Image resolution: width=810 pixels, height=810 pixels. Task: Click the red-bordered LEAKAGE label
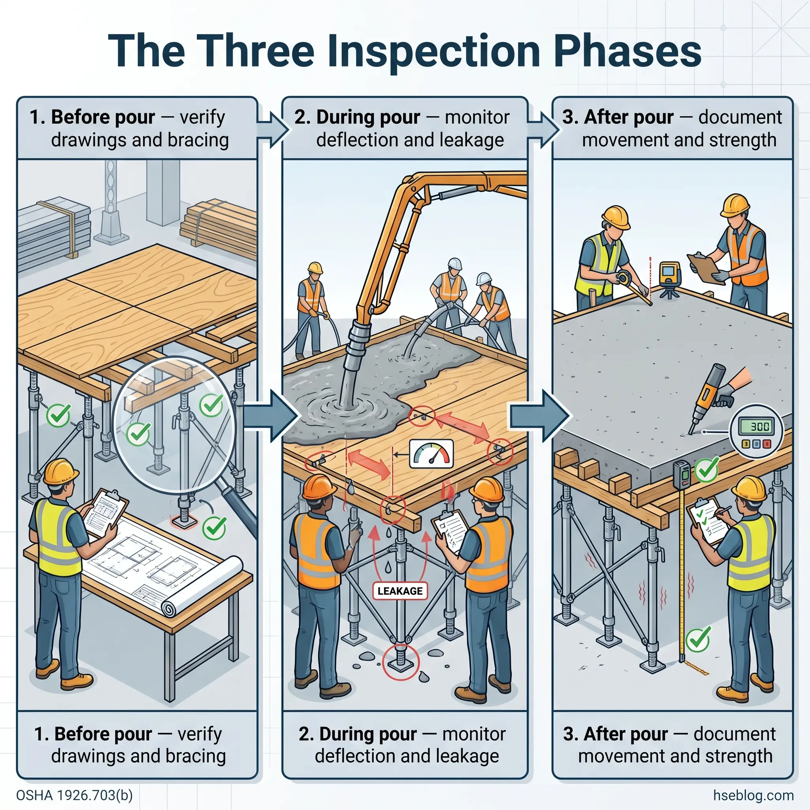pyautogui.click(x=399, y=591)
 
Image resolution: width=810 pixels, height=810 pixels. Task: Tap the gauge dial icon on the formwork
pyautogui.click(x=431, y=454)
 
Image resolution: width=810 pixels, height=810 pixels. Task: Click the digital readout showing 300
pyautogui.click(x=757, y=427)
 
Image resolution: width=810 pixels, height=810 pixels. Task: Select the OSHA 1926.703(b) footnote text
pyautogui.click(x=74, y=795)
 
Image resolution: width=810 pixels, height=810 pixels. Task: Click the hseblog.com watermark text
pyautogui.click(x=753, y=795)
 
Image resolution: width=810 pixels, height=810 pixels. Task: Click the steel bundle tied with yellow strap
pyautogui.click(x=55, y=233)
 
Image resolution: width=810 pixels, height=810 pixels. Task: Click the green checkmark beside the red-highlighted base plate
pyautogui.click(x=214, y=528)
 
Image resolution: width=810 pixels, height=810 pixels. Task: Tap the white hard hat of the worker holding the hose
pyautogui.click(x=454, y=264)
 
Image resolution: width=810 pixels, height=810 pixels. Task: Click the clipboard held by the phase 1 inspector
pyautogui.click(x=106, y=512)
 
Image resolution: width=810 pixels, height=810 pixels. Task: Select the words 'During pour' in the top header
pyautogui.click(x=368, y=117)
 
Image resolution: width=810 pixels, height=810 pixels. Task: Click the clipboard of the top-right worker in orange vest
pyautogui.click(x=706, y=269)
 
